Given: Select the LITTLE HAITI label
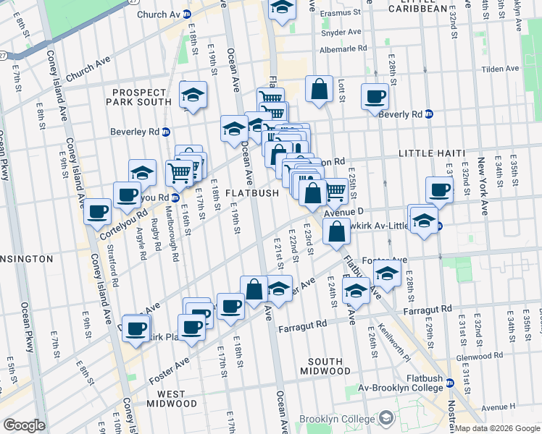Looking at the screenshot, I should click(431, 154).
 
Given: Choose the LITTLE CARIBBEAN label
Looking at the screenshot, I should click(428, 8).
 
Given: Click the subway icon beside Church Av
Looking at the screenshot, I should click(186, 14).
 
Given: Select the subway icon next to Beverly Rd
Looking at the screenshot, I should click(429, 114).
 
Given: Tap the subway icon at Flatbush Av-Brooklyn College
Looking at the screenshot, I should click(449, 383).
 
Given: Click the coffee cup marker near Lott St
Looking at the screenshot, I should click(375, 96).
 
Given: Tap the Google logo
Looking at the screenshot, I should click(24, 425).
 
